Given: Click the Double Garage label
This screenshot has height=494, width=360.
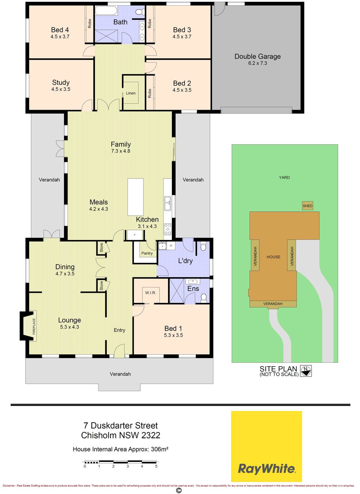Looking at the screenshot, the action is tap(257, 56).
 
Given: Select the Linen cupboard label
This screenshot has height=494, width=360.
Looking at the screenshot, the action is tap(131, 93).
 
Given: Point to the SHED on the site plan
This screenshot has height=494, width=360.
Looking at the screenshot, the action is tap(307, 206).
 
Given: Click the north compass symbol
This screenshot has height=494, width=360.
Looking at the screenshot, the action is tap(306, 371).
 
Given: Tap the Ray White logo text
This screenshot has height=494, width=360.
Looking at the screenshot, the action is tap(266, 468).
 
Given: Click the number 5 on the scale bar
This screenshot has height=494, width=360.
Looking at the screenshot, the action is tap(156, 466).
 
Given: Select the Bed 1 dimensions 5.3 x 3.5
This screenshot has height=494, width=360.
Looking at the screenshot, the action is tap(173, 335).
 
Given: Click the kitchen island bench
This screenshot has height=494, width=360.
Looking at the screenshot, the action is tap(135, 197).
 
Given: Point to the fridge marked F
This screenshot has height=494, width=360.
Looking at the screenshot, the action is tap(135, 235).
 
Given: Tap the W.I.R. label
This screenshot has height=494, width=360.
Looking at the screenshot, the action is tap(150, 293).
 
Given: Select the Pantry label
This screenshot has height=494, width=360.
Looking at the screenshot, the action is tap(147, 253).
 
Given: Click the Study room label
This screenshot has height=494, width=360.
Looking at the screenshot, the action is tap(61, 82).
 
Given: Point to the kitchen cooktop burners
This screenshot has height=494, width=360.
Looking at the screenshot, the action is tap(168, 229).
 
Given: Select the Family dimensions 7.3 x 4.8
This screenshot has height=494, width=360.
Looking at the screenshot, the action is tap(121, 151).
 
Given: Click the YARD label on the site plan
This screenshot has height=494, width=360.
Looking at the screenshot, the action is tap(284, 178).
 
